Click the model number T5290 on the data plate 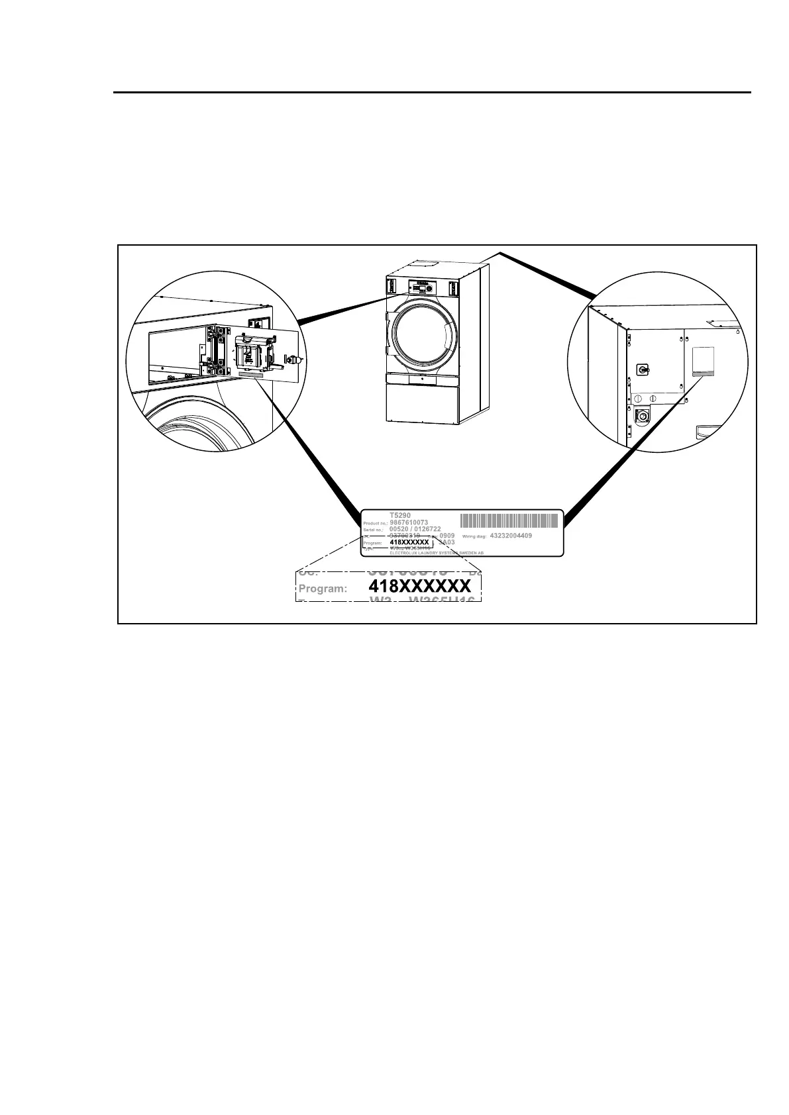[400, 515]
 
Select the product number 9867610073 [409, 522]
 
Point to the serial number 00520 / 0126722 [415, 529]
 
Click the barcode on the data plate [509, 520]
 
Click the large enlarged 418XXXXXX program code [420, 587]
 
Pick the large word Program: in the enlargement [323, 588]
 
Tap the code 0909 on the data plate [447, 536]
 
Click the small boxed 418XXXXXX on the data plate [409, 542]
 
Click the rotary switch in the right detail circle [641, 369]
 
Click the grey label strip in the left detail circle [246, 374]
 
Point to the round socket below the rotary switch [641, 416]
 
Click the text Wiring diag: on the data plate [474, 536]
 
